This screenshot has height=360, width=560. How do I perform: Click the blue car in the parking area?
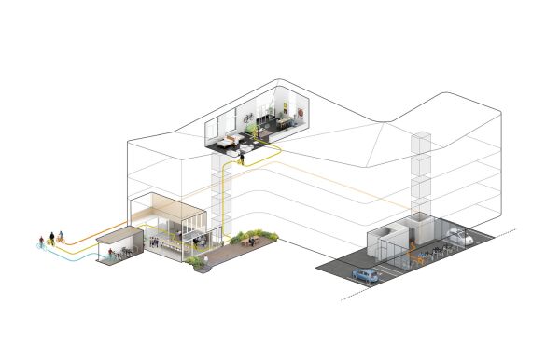click(x=364, y=276)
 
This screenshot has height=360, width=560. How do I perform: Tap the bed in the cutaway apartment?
click(x=225, y=131)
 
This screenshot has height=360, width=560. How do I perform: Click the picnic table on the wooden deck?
click(x=250, y=241)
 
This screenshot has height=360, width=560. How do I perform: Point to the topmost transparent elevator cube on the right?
click(x=423, y=143)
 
